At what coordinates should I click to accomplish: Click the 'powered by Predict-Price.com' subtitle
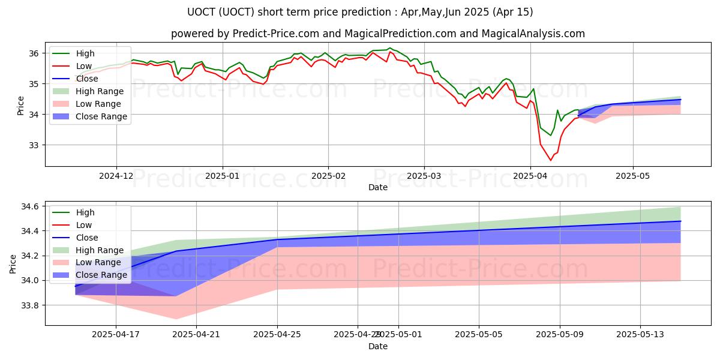[378, 34]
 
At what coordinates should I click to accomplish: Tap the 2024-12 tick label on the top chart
[116, 176]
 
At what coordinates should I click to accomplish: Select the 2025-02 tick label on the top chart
[328, 176]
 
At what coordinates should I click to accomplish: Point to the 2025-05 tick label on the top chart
[633, 176]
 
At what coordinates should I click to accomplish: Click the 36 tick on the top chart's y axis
[34, 53]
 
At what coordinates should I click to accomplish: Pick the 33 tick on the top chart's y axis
[34, 145]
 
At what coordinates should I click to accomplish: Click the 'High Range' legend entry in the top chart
[99, 91]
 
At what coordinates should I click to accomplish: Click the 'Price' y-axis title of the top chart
[21, 106]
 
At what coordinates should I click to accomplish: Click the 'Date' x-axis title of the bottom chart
[378, 346]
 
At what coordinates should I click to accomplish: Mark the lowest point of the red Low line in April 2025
[550, 160]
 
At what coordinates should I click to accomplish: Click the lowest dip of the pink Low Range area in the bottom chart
[176, 319]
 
